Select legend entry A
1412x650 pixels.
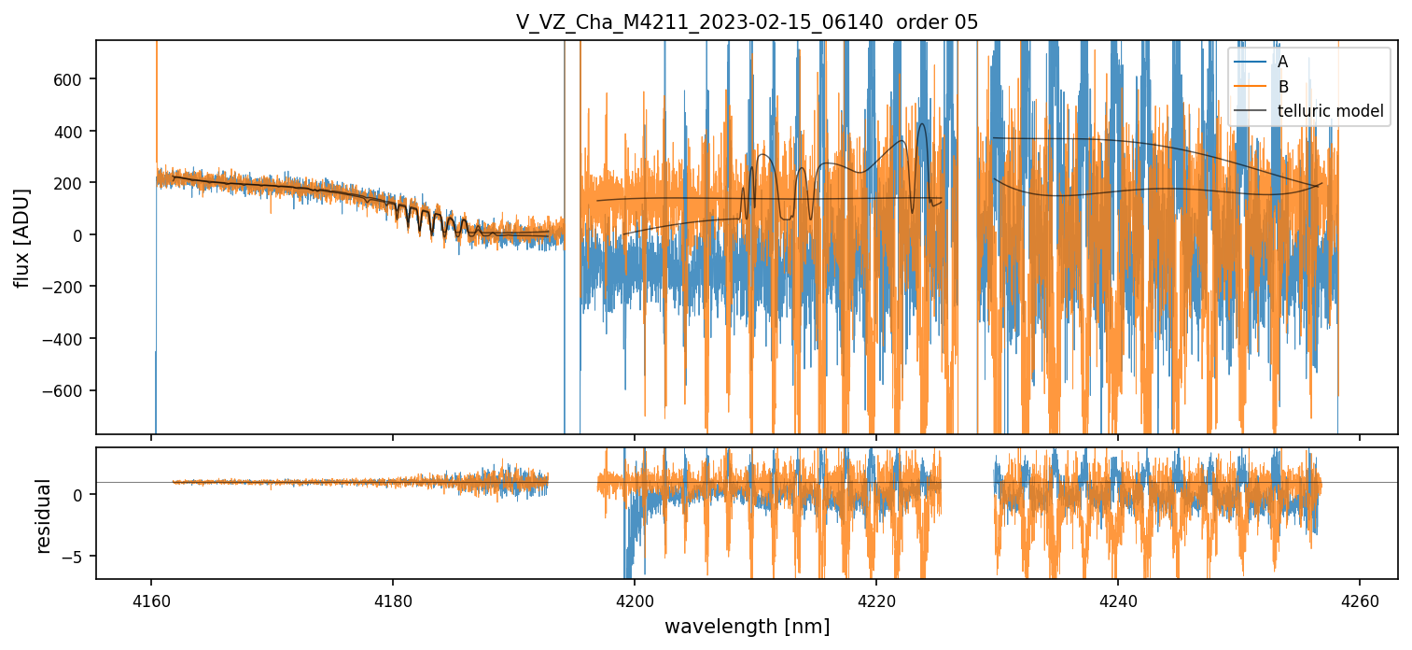click(x=1282, y=62)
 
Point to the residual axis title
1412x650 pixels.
click(x=43, y=516)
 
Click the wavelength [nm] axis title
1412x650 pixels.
click(x=747, y=626)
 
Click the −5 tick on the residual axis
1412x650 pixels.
click(x=79, y=557)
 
